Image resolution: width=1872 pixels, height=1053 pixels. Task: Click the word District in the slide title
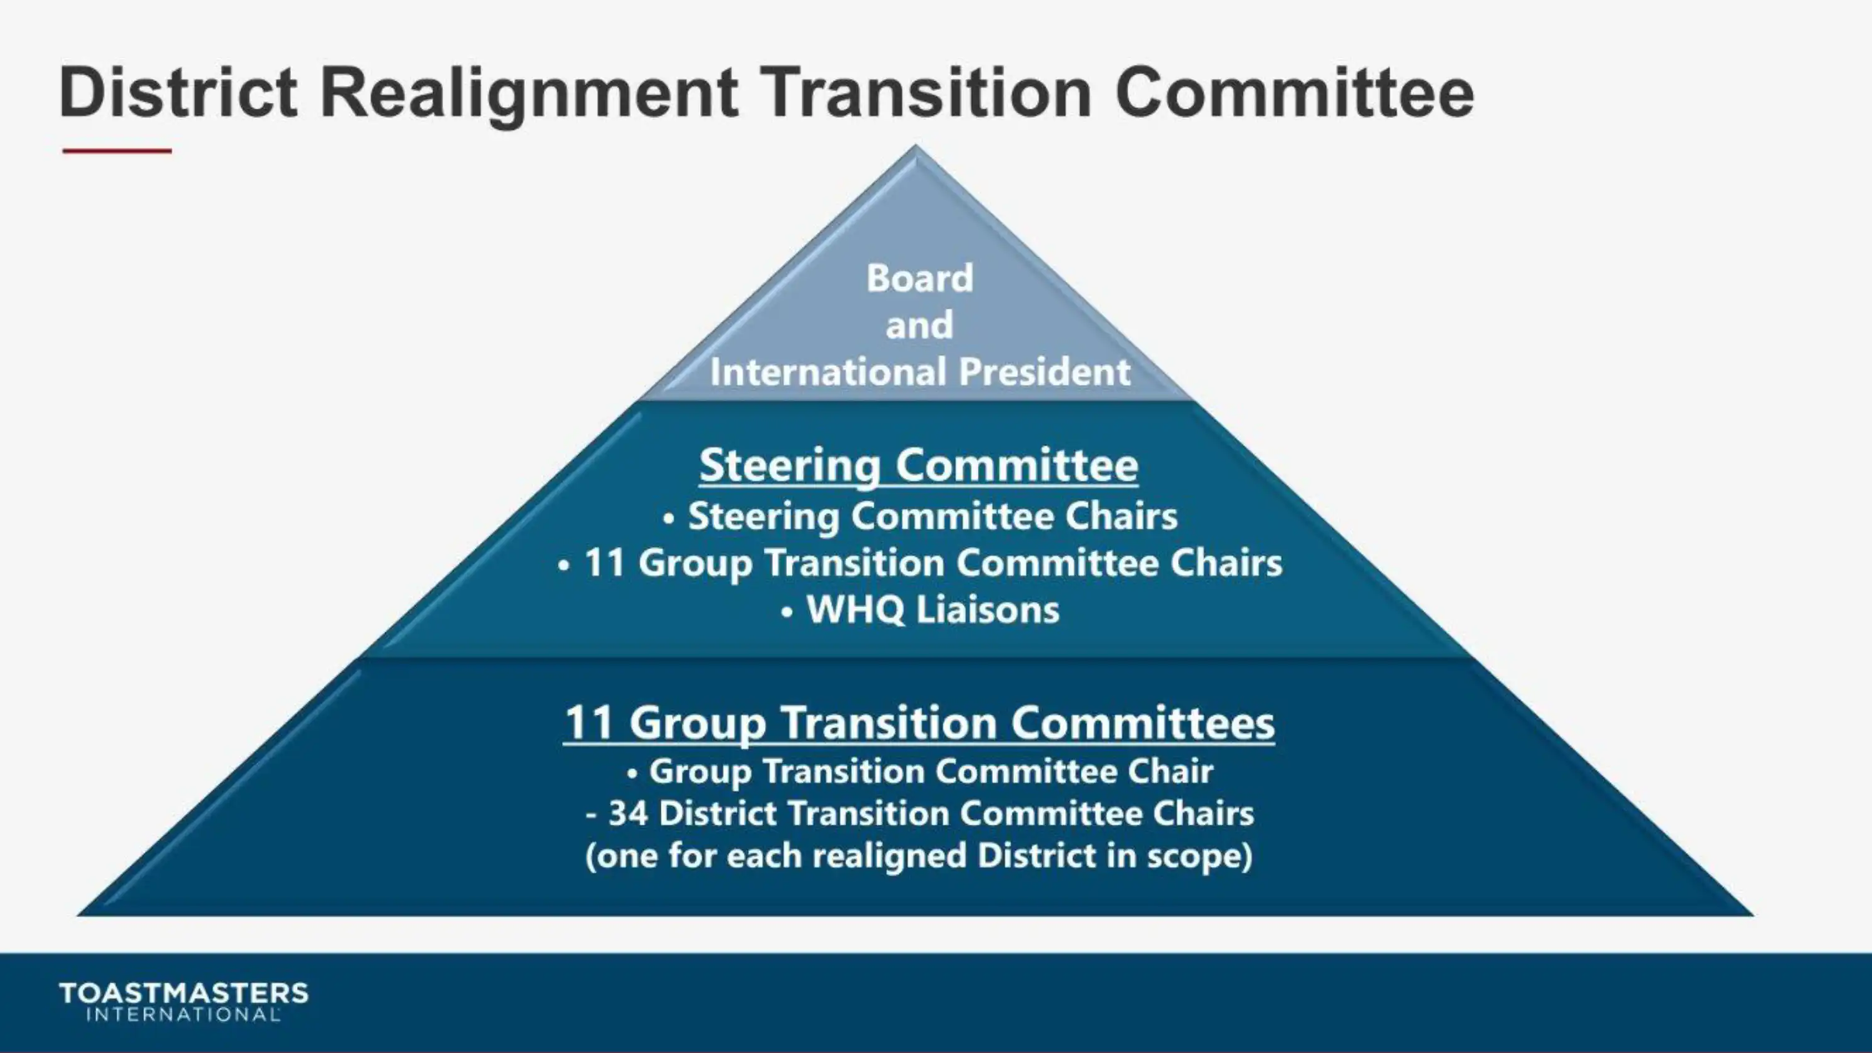178,92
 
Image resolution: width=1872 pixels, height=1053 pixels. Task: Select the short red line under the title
117,151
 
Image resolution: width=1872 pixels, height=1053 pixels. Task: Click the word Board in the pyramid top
919,278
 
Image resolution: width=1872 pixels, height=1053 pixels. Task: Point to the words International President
920,372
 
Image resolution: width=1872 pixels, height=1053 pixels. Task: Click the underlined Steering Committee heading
919,465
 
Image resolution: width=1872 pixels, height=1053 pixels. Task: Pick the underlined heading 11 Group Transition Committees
919,723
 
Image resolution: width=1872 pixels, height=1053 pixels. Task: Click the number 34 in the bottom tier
628,813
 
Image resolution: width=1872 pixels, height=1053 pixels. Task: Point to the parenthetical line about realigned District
919,855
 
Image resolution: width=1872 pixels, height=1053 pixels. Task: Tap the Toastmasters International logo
183,1001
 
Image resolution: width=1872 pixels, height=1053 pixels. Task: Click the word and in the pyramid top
919,325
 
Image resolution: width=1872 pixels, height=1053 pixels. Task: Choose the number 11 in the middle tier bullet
605,563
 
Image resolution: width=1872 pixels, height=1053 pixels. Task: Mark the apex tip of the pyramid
915,147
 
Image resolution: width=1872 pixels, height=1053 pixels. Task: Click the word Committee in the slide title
1294,92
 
